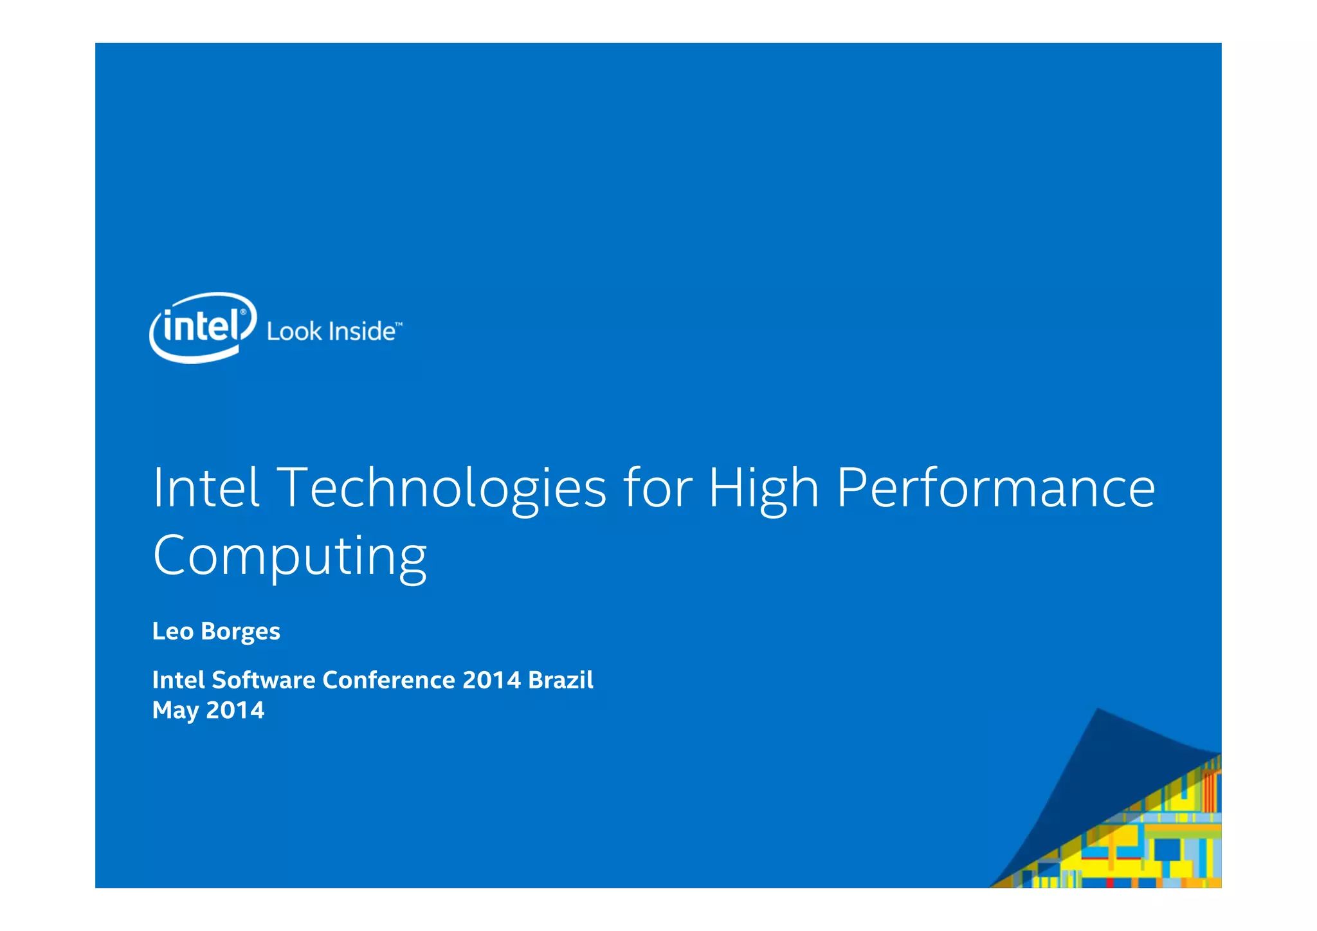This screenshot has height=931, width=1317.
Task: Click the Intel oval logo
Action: coord(203,327)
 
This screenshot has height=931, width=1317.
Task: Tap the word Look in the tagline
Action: coord(294,332)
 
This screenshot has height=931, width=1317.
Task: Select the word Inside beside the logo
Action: coord(361,331)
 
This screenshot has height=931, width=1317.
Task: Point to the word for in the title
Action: coord(657,488)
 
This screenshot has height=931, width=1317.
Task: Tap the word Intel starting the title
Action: coord(206,488)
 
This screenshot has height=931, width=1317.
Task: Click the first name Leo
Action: coord(172,632)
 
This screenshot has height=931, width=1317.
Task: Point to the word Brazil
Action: coord(560,680)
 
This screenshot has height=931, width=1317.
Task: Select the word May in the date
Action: coord(175,711)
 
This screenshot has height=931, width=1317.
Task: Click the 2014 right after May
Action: coord(235,710)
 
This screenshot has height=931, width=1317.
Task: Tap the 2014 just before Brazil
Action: coord(491,680)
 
